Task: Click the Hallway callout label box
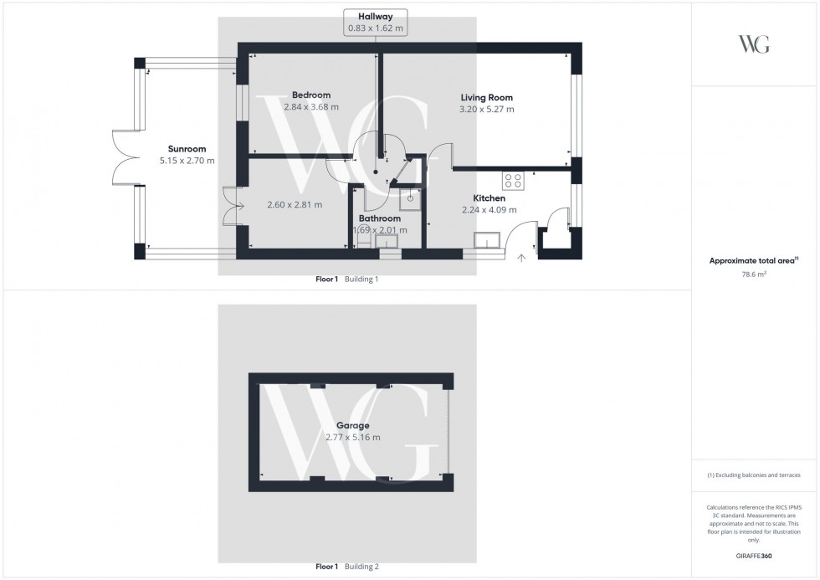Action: click(376, 23)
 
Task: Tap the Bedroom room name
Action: click(310, 95)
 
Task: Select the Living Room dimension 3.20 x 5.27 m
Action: click(486, 110)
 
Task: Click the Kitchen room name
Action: click(489, 198)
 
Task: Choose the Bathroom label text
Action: click(380, 218)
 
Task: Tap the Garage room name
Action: click(352, 425)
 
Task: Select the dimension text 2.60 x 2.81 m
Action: click(295, 205)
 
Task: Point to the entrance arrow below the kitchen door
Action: click(521, 258)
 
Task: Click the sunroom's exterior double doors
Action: click(123, 157)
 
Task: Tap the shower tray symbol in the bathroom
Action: click(410, 198)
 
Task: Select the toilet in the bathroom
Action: click(363, 239)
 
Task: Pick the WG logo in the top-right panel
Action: click(754, 44)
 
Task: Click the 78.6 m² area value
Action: click(754, 273)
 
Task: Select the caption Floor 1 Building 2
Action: click(346, 567)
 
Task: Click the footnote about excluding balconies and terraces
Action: click(754, 475)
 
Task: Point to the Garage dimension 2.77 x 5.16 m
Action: click(352, 438)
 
